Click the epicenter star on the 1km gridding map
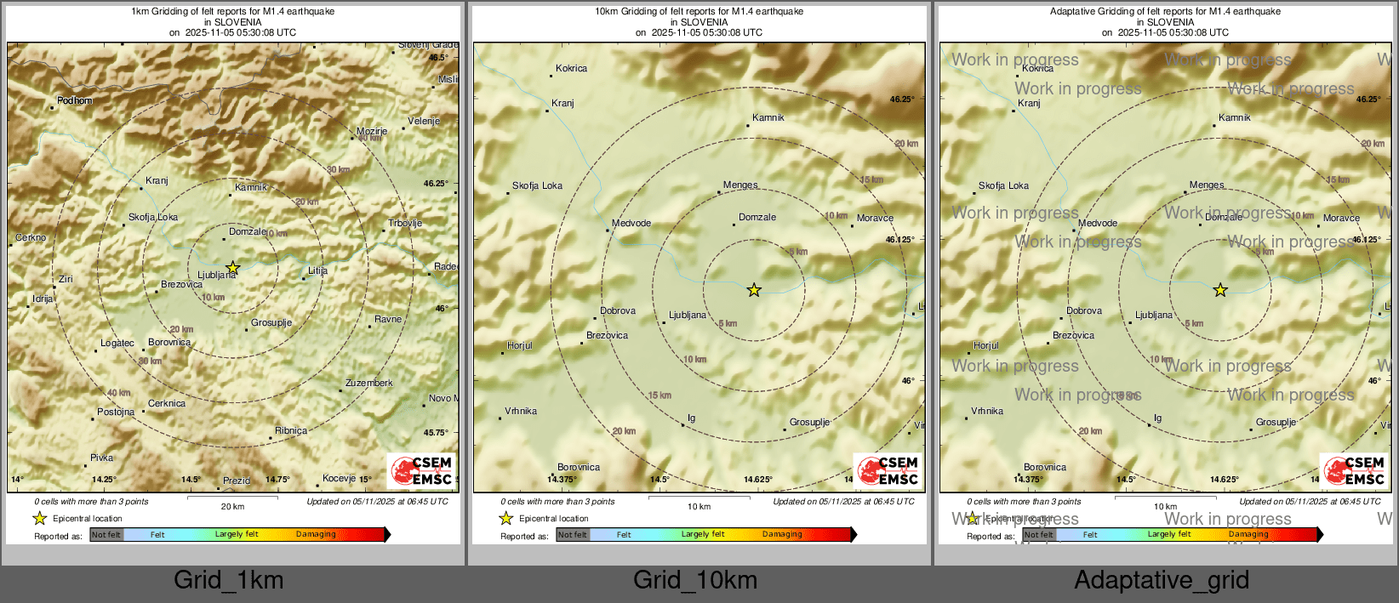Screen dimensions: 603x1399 (x=232, y=268)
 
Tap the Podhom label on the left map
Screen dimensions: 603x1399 (x=75, y=100)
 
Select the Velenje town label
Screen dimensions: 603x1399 (x=424, y=121)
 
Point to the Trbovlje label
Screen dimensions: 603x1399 (x=405, y=223)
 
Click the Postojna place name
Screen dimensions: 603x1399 (x=116, y=412)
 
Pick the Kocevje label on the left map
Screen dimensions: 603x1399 (x=339, y=478)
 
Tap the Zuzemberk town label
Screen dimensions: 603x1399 (x=368, y=383)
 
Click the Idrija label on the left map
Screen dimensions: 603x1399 (x=43, y=299)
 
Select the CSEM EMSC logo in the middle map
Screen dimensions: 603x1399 (x=888, y=470)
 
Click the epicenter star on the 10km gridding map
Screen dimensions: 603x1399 (x=754, y=290)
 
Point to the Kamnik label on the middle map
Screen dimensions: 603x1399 (x=768, y=117)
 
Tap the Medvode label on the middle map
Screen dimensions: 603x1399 (x=631, y=223)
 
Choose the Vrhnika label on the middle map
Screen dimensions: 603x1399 (x=521, y=411)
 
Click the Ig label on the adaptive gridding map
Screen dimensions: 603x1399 (x=1157, y=418)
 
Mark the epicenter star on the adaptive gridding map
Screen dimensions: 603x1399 (x=1220, y=290)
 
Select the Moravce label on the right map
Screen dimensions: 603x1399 (x=1341, y=218)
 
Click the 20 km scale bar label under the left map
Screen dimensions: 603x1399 (x=232, y=506)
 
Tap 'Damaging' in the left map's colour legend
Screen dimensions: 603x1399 (x=316, y=534)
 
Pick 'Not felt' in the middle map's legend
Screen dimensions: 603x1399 (x=573, y=535)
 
